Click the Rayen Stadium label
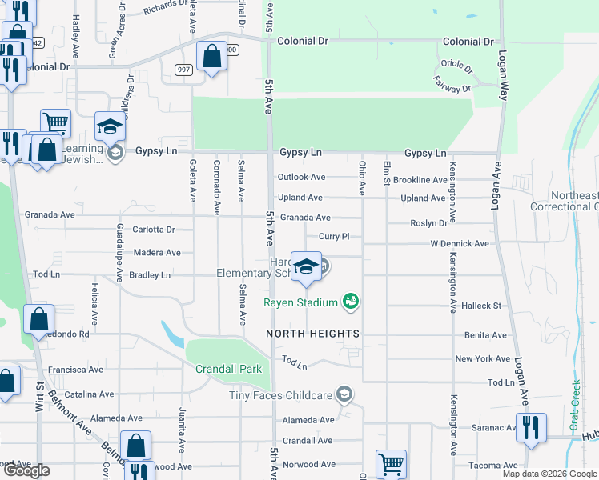pos(302,302)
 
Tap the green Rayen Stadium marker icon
pos(349,302)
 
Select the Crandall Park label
pos(228,370)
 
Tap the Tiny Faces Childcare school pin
pos(344,394)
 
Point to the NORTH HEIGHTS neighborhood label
pos(313,333)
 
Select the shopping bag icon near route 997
pos(211,58)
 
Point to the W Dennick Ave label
pos(459,243)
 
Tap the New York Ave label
pos(482,359)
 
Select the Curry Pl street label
pos(334,237)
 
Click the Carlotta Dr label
pos(154,230)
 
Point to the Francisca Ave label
pos(75,370)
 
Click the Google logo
pos(26,471)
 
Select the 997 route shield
pos(184,70)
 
